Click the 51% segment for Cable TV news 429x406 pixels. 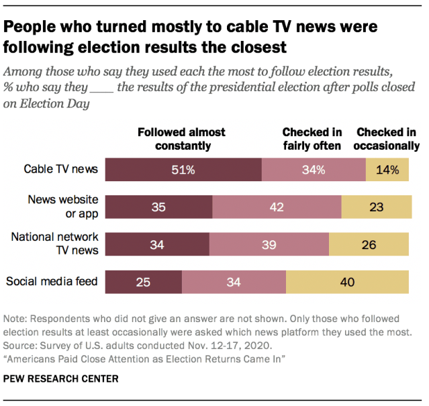[x=183, y=170]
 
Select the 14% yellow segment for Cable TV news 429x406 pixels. [x=387, y=170]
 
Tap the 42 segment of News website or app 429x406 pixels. [x=277, y=207]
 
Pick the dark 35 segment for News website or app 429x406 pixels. [x=159, y=207]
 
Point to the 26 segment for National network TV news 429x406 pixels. [x=369, y=245]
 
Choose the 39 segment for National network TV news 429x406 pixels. [x=269, y=245]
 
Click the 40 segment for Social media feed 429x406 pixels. [x=347, y=282]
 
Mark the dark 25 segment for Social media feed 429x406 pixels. [x=144, y=282]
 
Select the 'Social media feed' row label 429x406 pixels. [x=52, y=281]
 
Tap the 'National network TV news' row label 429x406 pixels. [x=55, y=244]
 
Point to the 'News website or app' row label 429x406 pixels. [x=63, y=206]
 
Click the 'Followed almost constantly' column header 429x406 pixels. [x=181, y=139]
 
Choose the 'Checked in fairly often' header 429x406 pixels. [x=312, y=139]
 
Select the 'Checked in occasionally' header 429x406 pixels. [x=387, y=139]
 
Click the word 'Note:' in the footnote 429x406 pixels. [x=17, y=318]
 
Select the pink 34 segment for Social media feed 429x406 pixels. [x=234, y=282]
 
